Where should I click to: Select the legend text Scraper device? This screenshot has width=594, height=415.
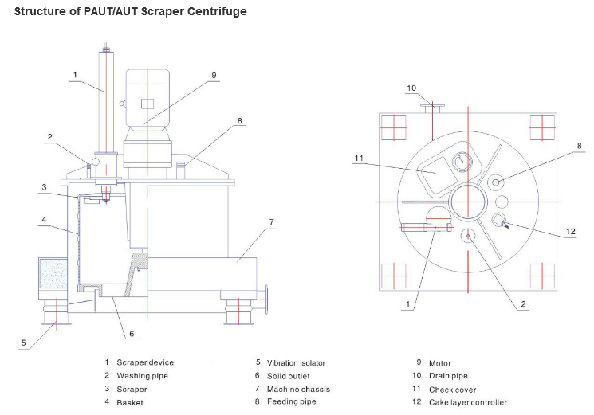[x=144, y=362]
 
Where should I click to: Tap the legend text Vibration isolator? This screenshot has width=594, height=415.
[x=296, y=362]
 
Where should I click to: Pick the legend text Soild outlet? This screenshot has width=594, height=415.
[x=288, y=375]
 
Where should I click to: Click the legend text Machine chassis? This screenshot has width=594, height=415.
[x=298, y=389]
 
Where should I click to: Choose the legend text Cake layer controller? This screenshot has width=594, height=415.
[x=467, y=402]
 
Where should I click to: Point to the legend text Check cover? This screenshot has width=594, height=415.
[x=452, y=389]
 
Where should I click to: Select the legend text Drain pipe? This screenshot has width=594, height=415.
[x=449, y=375]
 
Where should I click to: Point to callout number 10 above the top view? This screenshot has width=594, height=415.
[x=411, y=88]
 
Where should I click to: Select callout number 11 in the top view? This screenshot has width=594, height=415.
[x=359, y=159]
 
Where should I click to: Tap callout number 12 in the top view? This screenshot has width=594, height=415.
[x=570, y=232]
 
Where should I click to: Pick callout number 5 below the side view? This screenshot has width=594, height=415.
[x=24, y=343]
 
